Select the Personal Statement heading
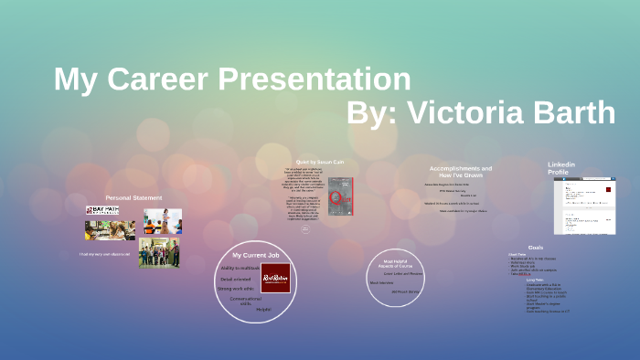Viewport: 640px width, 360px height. click(x=133, y=197)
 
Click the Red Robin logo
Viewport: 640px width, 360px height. click(x=275, y=278)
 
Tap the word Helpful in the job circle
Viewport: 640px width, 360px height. click(x=263, y=309)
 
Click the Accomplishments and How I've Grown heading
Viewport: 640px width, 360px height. click(x=461, y=172)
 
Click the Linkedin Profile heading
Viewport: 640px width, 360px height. click(x=561, y=168)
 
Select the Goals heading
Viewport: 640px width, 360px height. click(x=536, y=248)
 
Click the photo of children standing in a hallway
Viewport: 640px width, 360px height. click(x=159, y=253)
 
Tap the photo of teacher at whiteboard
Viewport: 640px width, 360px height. click(x=162, y=220)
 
